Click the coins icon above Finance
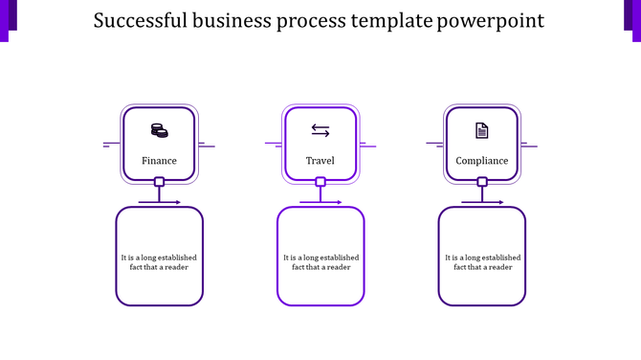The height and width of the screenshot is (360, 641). tap(159, 130)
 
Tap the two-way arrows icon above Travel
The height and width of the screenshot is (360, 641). tap(320, 130)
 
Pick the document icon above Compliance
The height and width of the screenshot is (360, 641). tap(482, 130)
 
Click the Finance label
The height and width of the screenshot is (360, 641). tap(159, 161)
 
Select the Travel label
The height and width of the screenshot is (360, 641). tap(320, 161)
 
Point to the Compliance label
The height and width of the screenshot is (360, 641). tap(482, 161)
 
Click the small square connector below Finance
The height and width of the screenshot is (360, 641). tap(159, 182)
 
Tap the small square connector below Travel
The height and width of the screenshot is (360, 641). tap(320, 182)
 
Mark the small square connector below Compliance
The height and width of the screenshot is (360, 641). tap(482, 182)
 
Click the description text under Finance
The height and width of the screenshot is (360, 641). tap(159, 261)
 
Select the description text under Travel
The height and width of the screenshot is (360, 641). tap(321, 261)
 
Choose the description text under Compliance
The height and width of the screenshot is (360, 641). tap(482, 261)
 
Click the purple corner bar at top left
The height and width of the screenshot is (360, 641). tap(7, 19)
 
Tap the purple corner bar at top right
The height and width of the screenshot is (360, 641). tap(633, 19)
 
